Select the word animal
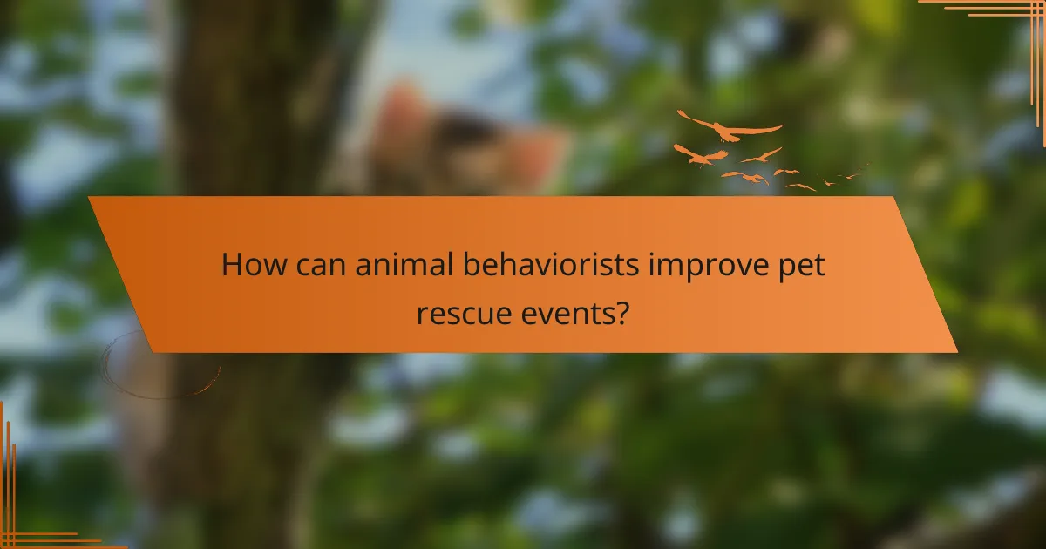tap(404, 265)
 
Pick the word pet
tap(800, 267)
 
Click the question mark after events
tap(621, 311)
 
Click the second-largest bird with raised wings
tap(700, 155)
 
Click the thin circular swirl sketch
tap(161, 366)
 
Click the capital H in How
tap(232, 265)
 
